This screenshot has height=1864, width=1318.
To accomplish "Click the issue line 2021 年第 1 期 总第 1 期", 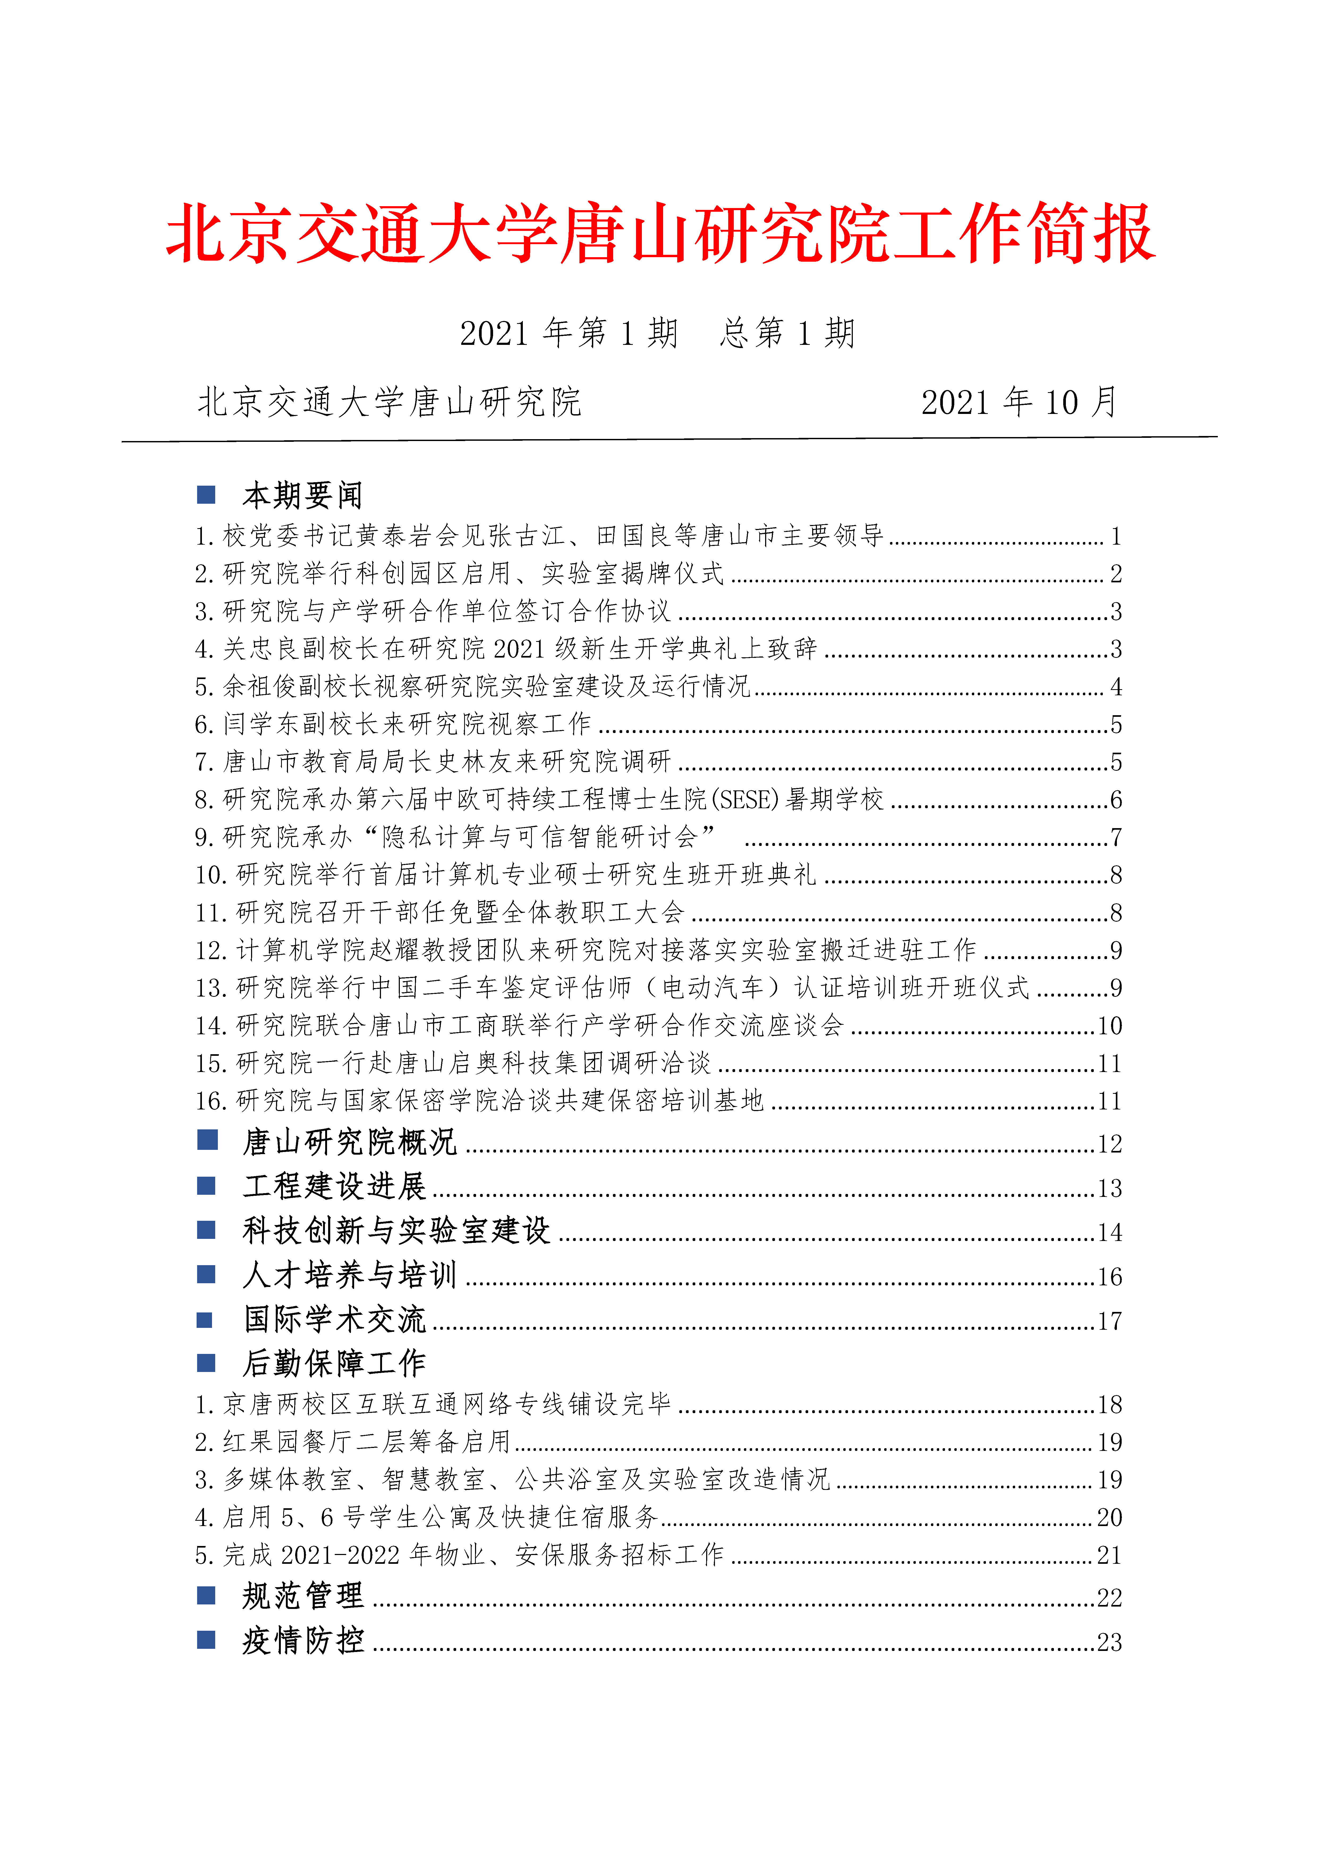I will (658, 333).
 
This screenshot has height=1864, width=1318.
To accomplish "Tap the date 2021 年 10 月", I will (1019, 402).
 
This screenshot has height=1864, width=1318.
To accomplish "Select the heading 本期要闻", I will (302, 494).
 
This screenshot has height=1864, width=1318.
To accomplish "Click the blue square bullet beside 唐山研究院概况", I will (207, 1141).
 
